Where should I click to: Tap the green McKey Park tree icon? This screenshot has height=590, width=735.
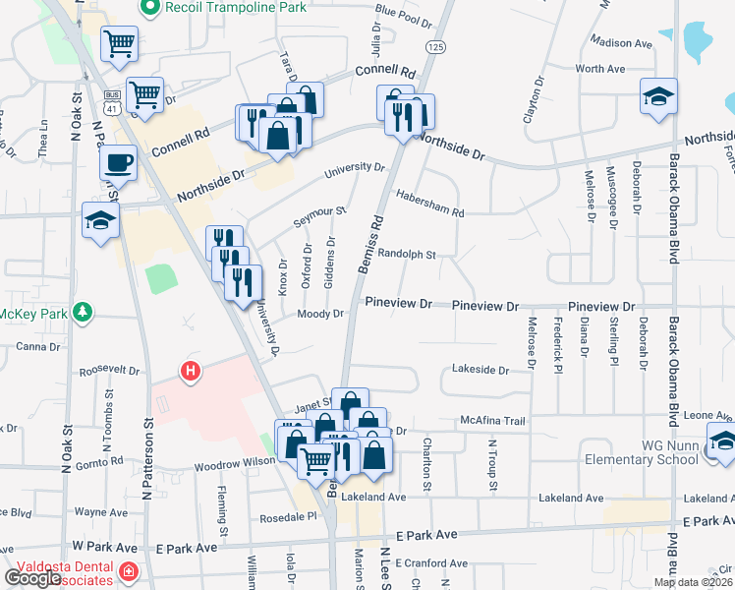coord(85,314)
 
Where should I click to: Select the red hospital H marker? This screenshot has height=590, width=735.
coord(192,372)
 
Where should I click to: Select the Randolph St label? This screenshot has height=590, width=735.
coord(406,254)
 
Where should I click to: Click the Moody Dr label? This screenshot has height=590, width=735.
coord(320,314)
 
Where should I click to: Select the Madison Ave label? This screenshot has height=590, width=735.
coord(622,42)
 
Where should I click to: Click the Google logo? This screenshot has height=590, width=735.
coord(33,578)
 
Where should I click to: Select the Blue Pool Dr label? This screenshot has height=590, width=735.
coord(403,17)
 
